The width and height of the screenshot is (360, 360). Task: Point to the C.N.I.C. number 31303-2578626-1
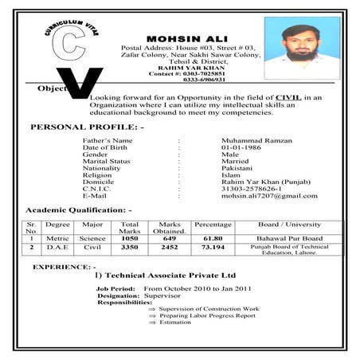pyautogui.click(x=248, y=187)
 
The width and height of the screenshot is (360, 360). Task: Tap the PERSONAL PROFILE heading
pyautogui.click(x=86, y=127)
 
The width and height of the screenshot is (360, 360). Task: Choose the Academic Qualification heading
pyautogui.click(x=79, y=209)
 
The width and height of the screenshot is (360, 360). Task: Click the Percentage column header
pyautogui.click(x=213, y=225)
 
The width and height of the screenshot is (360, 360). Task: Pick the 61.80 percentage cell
pyautogui.click(x=213, y=238)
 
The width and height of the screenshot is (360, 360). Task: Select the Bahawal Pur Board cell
pyautogui.click(x=289, y=238)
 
